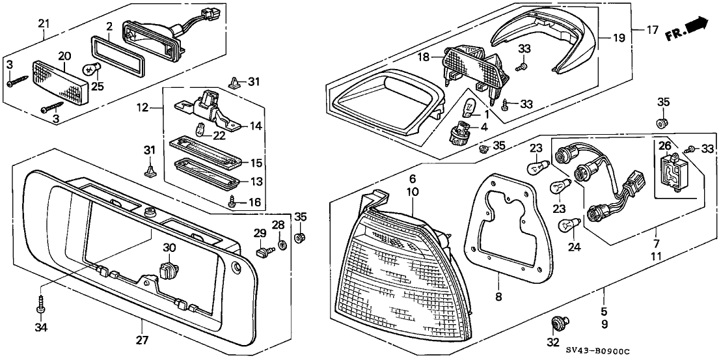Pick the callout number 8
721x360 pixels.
pyautogui.click(x=499, y=297)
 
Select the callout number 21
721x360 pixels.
pyautogui.click(x=44, y=23)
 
